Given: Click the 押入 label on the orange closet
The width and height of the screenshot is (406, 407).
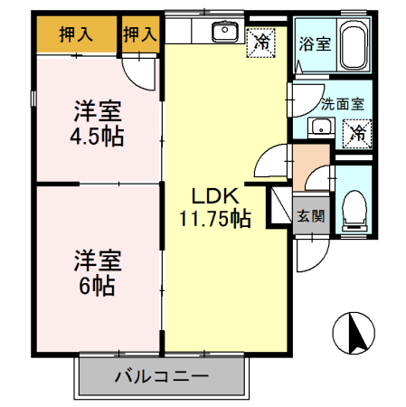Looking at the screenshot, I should (76, 36).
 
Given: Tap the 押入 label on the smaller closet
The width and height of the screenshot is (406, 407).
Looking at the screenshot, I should (138, 36).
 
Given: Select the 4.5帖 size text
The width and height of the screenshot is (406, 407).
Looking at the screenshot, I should (98, 137).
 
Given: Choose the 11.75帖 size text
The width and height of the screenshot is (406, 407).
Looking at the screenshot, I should (213, 218).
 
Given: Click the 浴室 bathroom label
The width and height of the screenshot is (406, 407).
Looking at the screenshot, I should (314, 42).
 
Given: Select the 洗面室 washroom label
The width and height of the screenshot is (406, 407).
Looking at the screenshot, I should (342, 103).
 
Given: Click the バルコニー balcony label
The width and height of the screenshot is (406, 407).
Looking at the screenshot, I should (162, 375).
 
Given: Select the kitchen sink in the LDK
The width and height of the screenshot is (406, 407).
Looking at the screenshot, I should (222, 33).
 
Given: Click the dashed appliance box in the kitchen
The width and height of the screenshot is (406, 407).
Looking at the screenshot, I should (262, 40).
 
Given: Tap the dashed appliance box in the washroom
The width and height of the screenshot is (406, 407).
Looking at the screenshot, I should (356, 132).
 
